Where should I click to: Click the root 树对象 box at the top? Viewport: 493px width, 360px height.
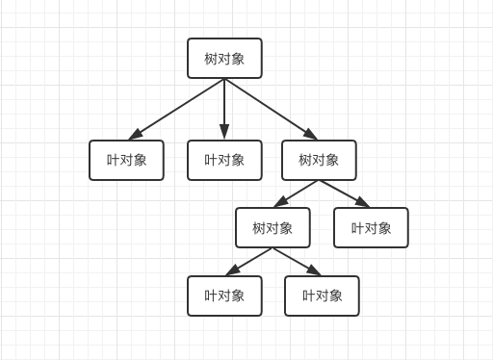click(x=224, y=59)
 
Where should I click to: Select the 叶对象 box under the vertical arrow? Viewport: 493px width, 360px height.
click(x=224, y=160)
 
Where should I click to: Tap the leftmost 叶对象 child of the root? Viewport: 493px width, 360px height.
click(x=126, y=160)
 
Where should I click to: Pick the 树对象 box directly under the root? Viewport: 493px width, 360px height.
click(x=319, y=160)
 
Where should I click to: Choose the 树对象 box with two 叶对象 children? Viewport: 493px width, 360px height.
click(x=272, y=228)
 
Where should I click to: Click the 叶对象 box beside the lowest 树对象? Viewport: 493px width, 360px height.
click(x=371, y=228)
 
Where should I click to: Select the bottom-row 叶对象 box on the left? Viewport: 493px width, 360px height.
click(x=224, y=296)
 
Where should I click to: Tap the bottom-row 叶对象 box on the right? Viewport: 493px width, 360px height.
click(x=322, y=296)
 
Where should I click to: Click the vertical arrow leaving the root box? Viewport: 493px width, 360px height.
click(x=224, y=106)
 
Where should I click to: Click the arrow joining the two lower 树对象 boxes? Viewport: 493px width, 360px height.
click(x=297, y=193)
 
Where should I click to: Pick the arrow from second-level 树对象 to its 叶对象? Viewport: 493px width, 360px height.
click(x=345, y=193)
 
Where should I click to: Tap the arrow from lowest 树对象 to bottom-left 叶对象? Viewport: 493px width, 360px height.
click(x=249, y=261)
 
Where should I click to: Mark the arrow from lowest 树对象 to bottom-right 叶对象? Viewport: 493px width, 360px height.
click(x=297, y=261)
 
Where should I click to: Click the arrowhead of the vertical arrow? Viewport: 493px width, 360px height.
click(x=224, y=133)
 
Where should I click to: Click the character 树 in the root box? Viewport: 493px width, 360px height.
click(x=211, y=59)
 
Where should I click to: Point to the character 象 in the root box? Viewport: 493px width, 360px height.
click(x=238, y=59)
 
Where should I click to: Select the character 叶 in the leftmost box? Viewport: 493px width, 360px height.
click(x=113, y=160)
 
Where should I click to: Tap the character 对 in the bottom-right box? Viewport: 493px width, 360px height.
click(x=322, y=296)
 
